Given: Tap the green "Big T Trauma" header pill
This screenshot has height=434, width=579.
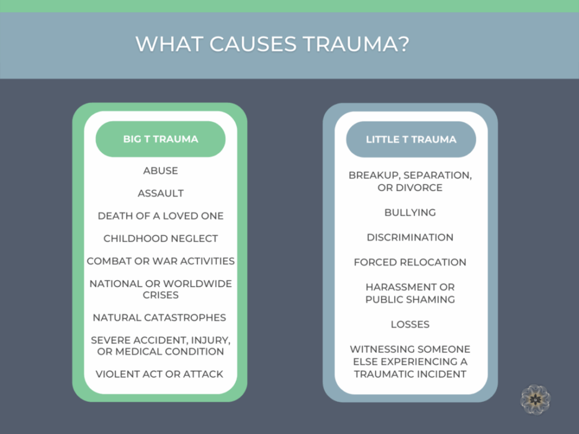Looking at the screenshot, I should click(160, 139).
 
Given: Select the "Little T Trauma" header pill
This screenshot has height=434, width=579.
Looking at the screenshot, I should click(411, 139).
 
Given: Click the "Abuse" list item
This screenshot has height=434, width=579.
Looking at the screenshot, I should click(160, 170).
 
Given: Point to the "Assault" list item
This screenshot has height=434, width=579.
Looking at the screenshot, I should click(160, 193).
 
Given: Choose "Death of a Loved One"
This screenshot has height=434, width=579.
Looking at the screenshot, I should click(160, 216).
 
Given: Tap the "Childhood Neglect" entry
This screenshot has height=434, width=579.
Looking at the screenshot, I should click(160, 238).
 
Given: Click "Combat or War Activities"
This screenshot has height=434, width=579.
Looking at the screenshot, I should click(160, 261).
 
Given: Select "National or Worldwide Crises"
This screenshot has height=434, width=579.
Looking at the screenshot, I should click(160, 289).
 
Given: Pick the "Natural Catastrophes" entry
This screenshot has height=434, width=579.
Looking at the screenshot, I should click(159, 317).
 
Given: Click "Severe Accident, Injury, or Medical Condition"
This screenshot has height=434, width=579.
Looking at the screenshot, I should click(160, 345).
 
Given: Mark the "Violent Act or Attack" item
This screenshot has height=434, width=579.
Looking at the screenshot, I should click(159, 374).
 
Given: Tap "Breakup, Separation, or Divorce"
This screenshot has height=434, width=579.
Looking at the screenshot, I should click(410, 181).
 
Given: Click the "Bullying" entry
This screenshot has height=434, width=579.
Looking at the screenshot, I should click(410, 212).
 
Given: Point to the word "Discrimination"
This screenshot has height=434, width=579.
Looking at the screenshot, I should click(410, 237).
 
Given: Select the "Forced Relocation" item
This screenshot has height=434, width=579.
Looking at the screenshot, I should click(410, 262).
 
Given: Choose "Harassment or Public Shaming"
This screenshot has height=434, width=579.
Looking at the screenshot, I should click(410, 293).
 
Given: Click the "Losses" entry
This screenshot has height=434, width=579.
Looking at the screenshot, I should click(410, 324).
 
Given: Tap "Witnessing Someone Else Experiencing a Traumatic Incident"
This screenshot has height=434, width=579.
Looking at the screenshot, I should click(410, 361).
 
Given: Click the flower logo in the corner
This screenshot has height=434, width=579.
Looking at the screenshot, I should click(535, 399).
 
